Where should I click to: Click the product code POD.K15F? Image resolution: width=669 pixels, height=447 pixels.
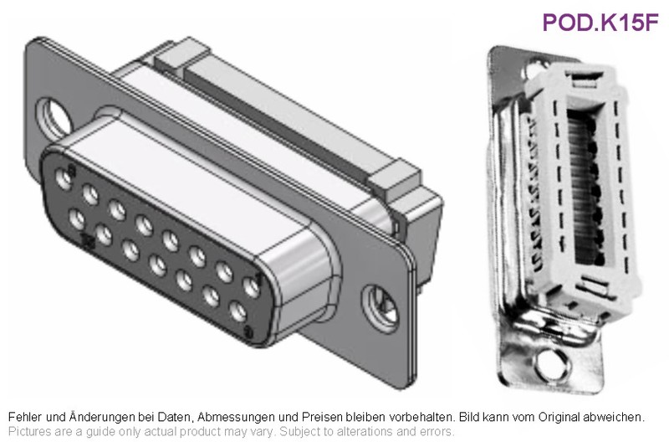pyautogui.click(x=600, y=23)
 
